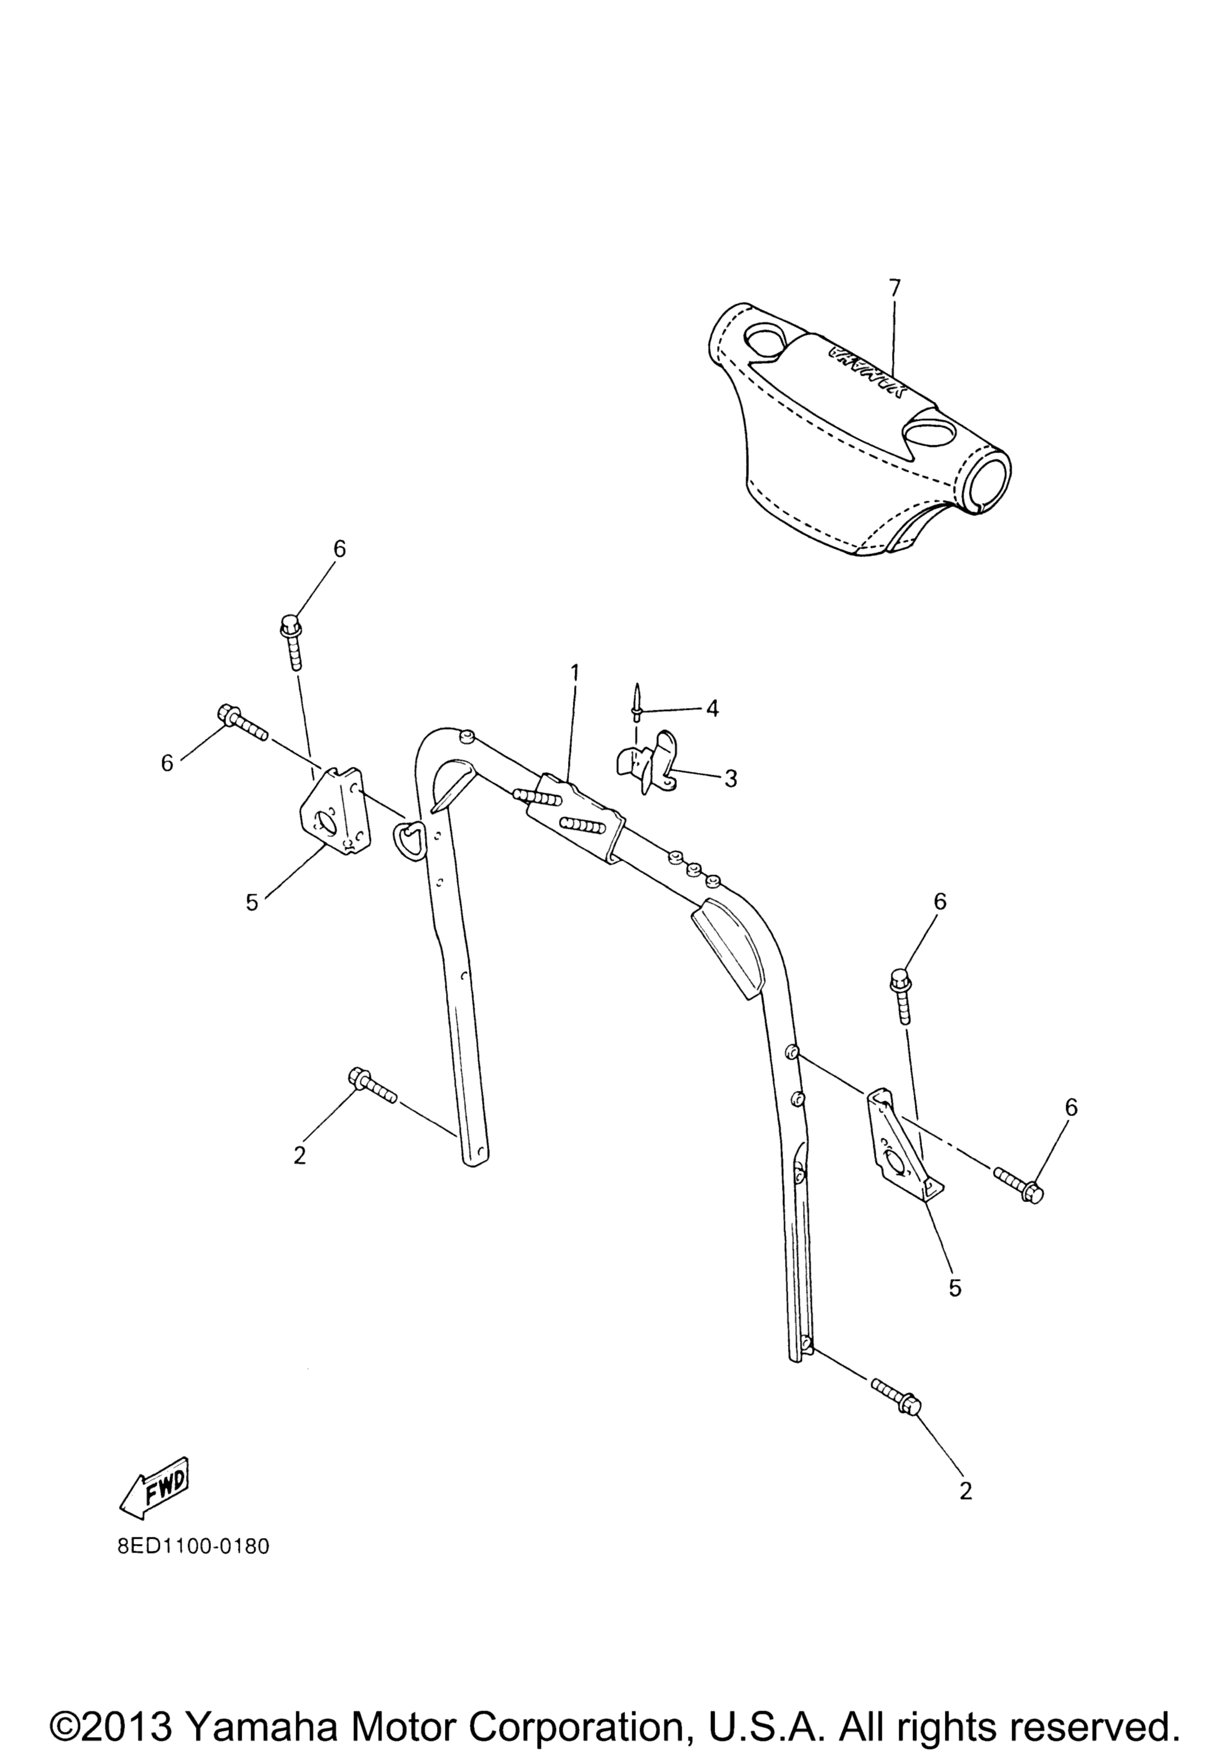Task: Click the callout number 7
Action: click(x=894, y=288)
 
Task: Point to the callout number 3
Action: click(x=730, y=779)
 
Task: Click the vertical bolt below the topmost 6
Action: click(x=291, y=643)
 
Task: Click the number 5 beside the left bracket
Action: click(x=252, y=903)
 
